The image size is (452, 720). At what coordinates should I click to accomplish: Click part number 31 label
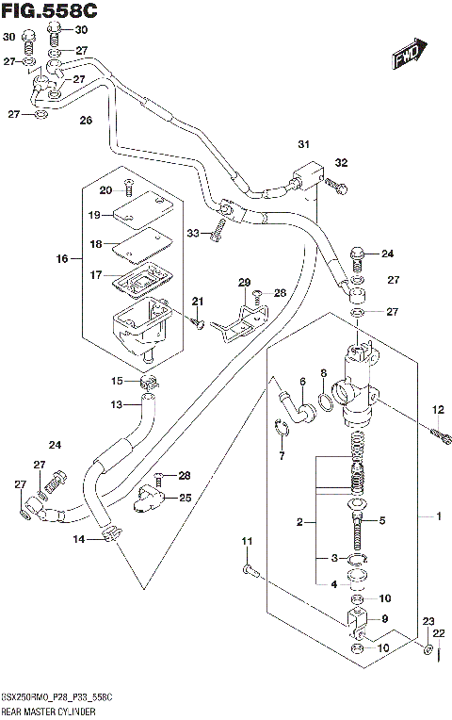[x=303, y=144]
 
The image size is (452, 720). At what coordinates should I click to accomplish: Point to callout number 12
[x=437, y=409]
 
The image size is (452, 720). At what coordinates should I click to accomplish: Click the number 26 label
[x=86, y=121]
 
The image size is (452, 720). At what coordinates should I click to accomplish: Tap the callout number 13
[x=117, y=404]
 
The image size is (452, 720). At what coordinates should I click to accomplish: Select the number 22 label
[x=438, y=632]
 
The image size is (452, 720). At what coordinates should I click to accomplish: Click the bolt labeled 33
[x=218, y=228]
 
